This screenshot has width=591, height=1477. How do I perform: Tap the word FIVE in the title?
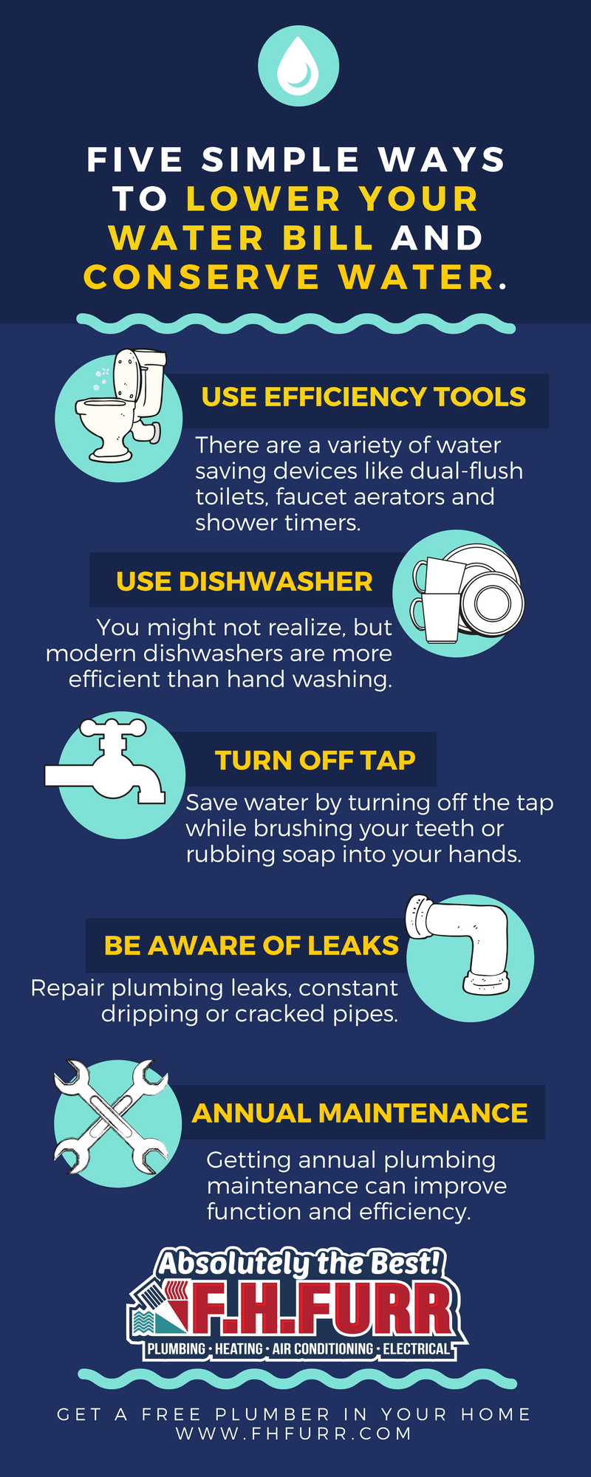[x=135, y=160]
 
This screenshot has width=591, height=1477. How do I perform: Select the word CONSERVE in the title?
[x=202, y=278]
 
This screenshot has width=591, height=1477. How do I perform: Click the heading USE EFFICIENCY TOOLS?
[x=363, y=397]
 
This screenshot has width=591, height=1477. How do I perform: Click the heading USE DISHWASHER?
[x=244, y=582]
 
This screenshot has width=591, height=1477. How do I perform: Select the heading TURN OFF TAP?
[x=315, y=761]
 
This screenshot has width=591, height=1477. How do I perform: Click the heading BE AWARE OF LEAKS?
[x=251, y=945]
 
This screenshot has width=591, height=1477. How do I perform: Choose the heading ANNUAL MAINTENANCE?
[x=360, y=1114]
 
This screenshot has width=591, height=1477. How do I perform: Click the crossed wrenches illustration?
[x=112, y=1117]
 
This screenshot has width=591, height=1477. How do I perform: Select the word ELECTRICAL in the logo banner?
[x=416, y=1349]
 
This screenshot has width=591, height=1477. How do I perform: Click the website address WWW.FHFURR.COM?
[x=294, y=1433]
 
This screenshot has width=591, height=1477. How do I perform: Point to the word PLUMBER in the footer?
[x=273, y=1414]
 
